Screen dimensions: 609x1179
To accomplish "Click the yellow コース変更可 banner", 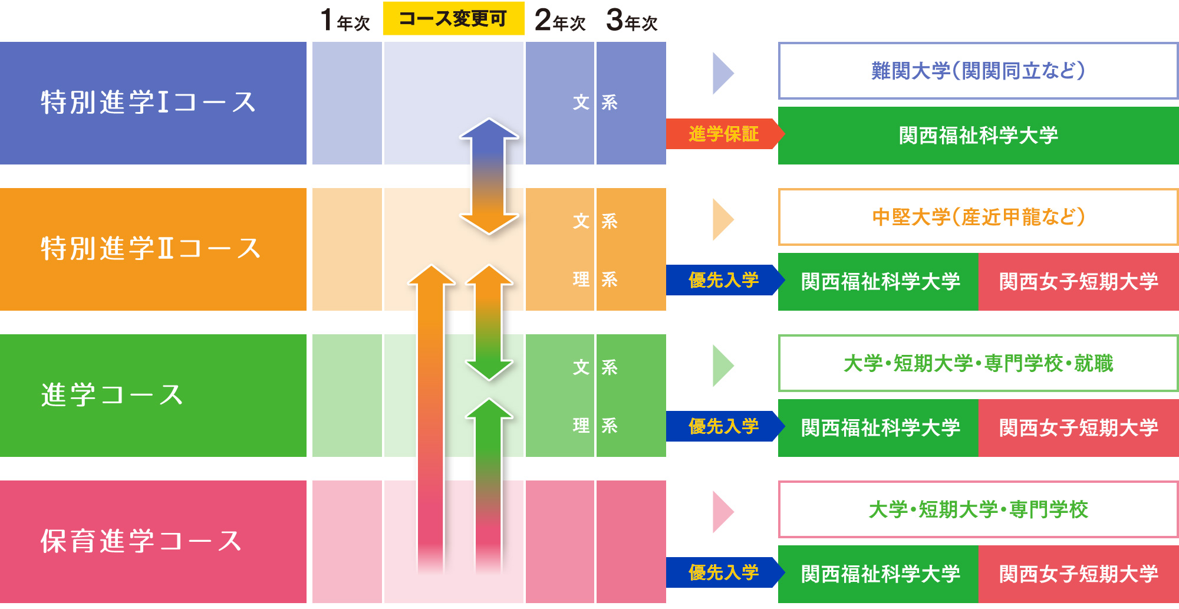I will coord(453,19).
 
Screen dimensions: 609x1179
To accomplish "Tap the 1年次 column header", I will coord(345,21).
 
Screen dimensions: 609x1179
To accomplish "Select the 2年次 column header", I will coord(560,21).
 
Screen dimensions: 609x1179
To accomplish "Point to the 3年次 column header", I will coord(632,21).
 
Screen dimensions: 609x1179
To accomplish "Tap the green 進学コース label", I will coord(113,395).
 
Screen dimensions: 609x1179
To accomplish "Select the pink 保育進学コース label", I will coord(141,541).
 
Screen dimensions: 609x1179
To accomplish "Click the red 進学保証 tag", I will coord(723,134).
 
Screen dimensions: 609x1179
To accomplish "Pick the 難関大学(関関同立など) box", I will coord(978,71).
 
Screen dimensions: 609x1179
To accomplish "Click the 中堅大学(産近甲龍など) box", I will coord(978,217).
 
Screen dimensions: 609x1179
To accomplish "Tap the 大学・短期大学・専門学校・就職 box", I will coord(978,363).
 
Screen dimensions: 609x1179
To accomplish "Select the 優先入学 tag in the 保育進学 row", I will coord(723,572).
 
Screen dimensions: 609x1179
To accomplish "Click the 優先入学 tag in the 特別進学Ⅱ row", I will coord(723,280).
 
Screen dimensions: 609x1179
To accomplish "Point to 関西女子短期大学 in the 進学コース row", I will coord(1078,427).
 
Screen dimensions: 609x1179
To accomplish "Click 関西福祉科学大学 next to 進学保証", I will coord(978,136).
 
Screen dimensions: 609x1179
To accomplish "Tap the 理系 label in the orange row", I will coord(595,279).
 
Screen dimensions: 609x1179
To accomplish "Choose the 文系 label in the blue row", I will coord(595,103).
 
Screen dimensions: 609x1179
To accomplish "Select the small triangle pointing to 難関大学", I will coord(722,73).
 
